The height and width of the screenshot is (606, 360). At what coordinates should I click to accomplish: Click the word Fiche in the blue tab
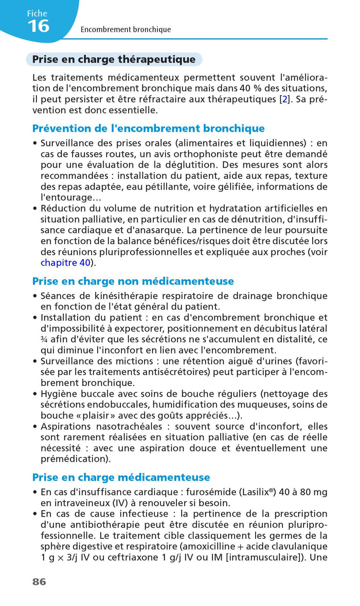point(37,13)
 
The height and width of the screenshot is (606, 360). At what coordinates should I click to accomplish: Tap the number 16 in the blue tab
point(39,26)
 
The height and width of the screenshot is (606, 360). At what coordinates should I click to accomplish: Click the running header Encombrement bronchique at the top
point(125,30)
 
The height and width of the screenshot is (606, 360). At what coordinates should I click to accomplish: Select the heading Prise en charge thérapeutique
point(114,60)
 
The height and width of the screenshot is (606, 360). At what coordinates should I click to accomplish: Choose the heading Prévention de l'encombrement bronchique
point(148,128)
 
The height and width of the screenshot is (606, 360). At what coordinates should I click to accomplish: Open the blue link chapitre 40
point(65,263)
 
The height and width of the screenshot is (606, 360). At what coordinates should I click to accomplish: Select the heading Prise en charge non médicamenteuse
point(133,281)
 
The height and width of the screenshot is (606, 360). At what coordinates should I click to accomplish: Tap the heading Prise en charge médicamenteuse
point(121,478)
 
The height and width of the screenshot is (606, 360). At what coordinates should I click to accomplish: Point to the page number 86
point(39,582)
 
